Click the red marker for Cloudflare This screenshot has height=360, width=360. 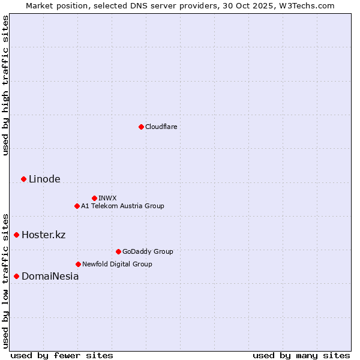point(141,127)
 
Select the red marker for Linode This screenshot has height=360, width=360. point(23,179)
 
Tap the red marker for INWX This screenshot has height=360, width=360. point(94,198)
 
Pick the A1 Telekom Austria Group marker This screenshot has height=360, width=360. point(77,206)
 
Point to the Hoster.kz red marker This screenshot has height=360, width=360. point(16,235)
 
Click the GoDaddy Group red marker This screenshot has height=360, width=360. point(118,251)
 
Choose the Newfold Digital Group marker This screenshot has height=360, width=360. point(78,264)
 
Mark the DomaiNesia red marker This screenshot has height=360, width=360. point(16,276)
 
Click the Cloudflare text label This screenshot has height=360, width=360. point(161,127)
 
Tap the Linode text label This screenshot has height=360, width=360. point(44,179)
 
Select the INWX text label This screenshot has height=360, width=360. point(107,198)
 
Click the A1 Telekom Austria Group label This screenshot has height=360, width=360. point(122,206)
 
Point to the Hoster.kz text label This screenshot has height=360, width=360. point(43,235)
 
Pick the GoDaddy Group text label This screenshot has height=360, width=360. point(148,251)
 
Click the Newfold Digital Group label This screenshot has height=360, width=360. point(117,264)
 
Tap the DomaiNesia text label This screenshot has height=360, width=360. point(50,277)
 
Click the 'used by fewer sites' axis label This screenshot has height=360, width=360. point(62,355)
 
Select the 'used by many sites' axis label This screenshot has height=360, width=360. point(301,355)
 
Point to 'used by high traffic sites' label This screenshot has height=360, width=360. point(5,85)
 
